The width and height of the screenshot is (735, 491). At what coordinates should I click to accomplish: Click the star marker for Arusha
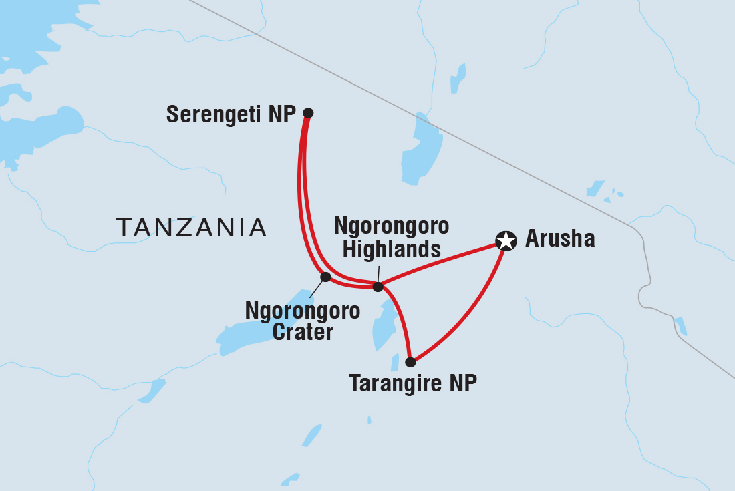(506, 240)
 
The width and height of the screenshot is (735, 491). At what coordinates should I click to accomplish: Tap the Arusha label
(559, 239)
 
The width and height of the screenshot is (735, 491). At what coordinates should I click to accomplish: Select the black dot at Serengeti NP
(308, 113)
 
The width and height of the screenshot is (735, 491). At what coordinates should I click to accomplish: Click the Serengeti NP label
(231, 114)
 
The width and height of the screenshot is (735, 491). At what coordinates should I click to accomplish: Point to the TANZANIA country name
(191, 228)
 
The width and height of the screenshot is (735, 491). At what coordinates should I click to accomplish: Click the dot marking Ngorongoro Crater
(325, 277)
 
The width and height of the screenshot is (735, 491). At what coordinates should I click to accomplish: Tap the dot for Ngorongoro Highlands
(378, 287)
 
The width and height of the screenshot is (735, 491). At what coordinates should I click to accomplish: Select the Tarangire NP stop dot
(410, 362)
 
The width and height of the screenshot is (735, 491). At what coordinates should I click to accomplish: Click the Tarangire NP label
(413, 384)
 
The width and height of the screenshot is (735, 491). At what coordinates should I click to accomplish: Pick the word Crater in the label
(303, 331)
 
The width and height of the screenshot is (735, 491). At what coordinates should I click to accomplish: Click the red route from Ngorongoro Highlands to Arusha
(441, 263)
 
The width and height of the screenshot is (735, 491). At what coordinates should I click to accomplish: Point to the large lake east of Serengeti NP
(421, 150)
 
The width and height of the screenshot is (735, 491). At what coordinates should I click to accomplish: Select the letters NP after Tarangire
(462, 384)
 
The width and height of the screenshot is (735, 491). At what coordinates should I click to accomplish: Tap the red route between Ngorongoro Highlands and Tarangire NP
(400, 317)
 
